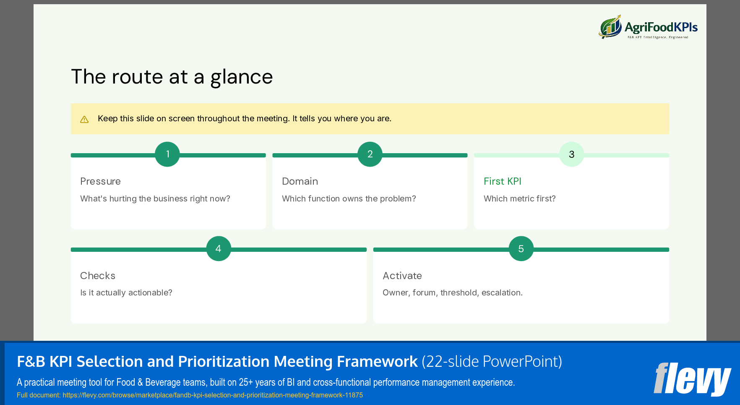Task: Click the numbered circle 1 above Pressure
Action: [x=167, y=154]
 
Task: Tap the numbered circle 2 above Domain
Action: [x=370, y=154]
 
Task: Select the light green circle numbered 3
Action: [x=571, y=154]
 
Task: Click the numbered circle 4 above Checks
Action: [x=219, y=248]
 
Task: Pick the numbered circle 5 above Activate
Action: [x=521, y=248]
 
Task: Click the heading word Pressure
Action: [x=100, y=181]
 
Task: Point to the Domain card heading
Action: [x=300, y=181]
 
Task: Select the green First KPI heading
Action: [x=502, y=181]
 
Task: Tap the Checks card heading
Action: [x=98, y=276]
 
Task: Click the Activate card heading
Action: [x=402, y=276]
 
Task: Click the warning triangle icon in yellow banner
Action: [x=84, y=120]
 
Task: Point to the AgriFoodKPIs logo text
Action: [x=661, y=28]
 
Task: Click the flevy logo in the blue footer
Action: [x=692, y=379]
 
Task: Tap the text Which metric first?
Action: [x=519, y=199]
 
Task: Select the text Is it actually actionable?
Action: [x=126, y=293]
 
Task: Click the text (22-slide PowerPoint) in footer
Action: [x=492, y=361]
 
